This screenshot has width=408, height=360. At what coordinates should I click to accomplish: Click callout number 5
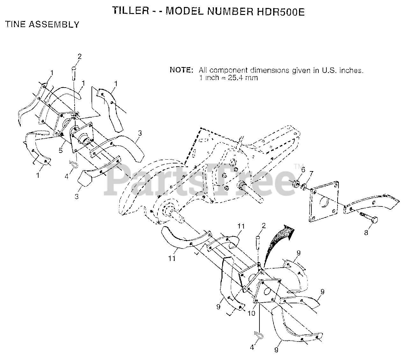[x=61, y=150]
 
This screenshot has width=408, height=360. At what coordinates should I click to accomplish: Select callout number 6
[x=303, y=169]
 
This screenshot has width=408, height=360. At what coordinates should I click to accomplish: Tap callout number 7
[x=311, y=173]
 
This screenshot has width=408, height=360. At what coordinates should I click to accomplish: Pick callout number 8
[x=366, y=233]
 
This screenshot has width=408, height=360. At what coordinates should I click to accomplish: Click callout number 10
[x=251, y=313]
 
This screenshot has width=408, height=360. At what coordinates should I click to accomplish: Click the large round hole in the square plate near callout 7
[x=324, y=202]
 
